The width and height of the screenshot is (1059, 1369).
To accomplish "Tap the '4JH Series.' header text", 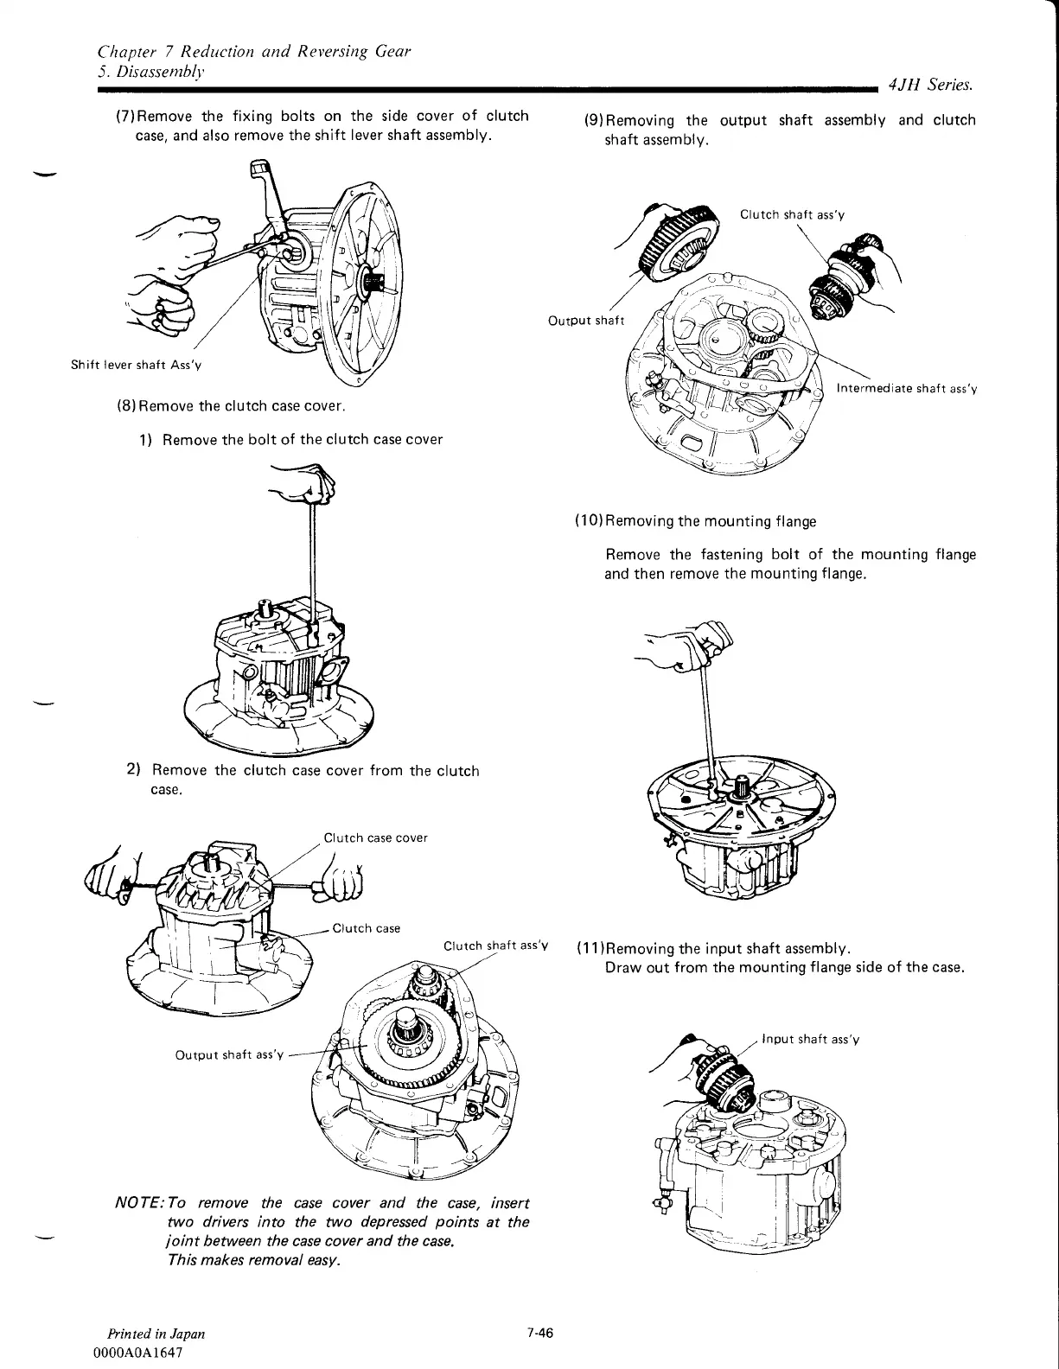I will coord(927,85).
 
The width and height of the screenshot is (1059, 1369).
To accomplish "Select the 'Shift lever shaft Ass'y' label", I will coord(137,364).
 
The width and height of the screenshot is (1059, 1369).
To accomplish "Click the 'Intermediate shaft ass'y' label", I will coord(906,389).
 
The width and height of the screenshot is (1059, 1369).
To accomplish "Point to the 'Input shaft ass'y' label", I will coord(810,1039).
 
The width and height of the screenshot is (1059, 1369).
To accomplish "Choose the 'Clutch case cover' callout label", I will coord(375,837).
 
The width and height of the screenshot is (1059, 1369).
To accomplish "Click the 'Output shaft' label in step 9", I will coord(586,321).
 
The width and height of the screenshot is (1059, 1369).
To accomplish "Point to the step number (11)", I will coord(589,947).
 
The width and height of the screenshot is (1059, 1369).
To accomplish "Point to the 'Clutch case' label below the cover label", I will coord(367,928).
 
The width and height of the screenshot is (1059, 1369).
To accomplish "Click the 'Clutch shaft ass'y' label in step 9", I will coord(791,214).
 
